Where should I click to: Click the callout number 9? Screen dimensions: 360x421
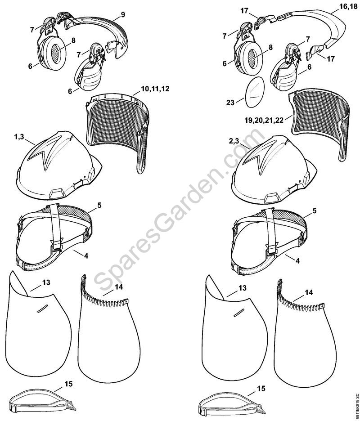[x=123, y=14]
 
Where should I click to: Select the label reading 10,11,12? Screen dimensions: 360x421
[x=155, y=89]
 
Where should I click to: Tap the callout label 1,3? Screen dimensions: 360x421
[x=19, y=137]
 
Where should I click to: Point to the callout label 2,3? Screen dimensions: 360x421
[x=234, y=141]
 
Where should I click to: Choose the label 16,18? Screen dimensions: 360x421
[x=347, y=7]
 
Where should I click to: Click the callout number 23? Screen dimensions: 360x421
[x=230, y=102]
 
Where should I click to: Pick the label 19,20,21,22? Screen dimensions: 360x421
[x=264, y=120]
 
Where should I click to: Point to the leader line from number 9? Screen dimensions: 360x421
[x=117, y=18]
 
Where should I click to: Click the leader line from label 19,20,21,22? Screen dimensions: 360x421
[x=288, y=117]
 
